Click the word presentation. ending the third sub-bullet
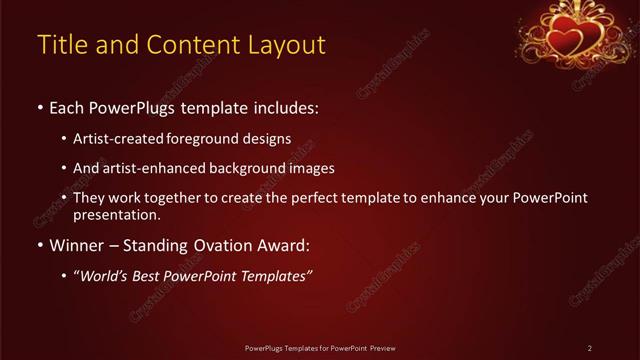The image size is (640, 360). (x=116, y=215)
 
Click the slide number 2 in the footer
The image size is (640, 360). (x=590, y=348)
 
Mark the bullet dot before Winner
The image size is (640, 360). (x=39, y=246)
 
